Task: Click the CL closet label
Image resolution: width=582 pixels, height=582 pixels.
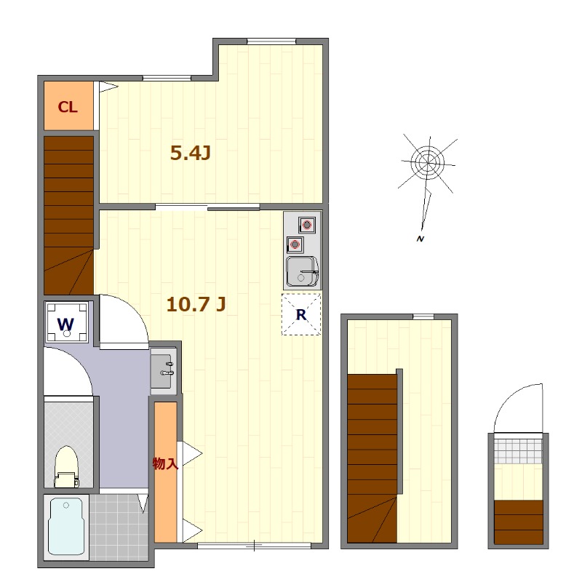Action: tap(68, 107)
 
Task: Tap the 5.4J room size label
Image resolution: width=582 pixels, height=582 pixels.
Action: tap(191, 153)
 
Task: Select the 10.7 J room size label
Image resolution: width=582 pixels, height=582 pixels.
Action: tap(196, 304)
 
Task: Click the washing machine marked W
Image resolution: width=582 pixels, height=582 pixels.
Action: tap(66, 322)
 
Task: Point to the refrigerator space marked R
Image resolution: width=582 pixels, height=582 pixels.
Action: tap(301, 314)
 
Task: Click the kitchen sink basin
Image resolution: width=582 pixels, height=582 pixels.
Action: tap(303, 271)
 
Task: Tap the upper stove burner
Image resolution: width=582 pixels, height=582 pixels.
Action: tap(307, 225)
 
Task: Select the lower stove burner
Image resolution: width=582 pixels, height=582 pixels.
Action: tap(295, 244)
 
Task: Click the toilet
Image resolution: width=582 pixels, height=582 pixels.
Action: tap(67, 467)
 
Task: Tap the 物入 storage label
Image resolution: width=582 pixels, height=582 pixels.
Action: tap(166, 463)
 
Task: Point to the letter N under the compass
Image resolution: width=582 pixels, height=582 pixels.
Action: tap(420, 239)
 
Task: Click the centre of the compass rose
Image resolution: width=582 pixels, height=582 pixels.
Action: tap(428, 162)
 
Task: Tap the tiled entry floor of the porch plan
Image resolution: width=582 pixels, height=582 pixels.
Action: tap(519, 451)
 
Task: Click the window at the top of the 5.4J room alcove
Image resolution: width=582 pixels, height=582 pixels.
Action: tap(271, 41)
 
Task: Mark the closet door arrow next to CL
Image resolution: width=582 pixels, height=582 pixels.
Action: tap(108, 87)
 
